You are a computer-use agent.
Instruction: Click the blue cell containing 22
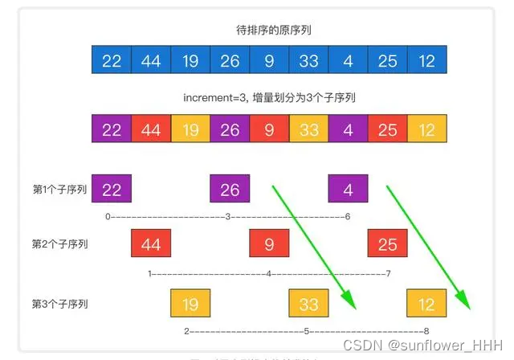pyautogui.click(x=112, y=61)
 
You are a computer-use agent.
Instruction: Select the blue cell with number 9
pyautogui.click(x=269, y=61)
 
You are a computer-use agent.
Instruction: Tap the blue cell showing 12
pyautogui.click(x=426, y=61)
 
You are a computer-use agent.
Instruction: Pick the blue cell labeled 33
pyautogui.click(x=308, y=61)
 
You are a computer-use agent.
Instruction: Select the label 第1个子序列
pyautogui.click(x=59, y=190)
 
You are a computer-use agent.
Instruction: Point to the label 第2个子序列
pyautogui.click(x=59, y=244)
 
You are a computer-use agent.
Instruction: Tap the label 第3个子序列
pyautogui.click(x=59, y=304)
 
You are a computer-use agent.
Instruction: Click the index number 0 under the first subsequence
pyautogui.click(x=108, y=217)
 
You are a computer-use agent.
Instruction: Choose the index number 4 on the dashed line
pyautogui.click(x=268, y=274)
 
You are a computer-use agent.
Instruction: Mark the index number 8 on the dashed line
pyautogui.click(x=426, y=331)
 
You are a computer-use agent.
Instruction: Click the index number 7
pyautogui.click(x=388, y=274)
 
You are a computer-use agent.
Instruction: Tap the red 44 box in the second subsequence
pyautogui.click(x=151, y=244)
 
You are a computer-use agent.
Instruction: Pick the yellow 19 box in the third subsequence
pyautogui.click(x=190, y=305)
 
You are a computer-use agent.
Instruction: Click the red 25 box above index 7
pyautogui.click(x=387, y=244)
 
